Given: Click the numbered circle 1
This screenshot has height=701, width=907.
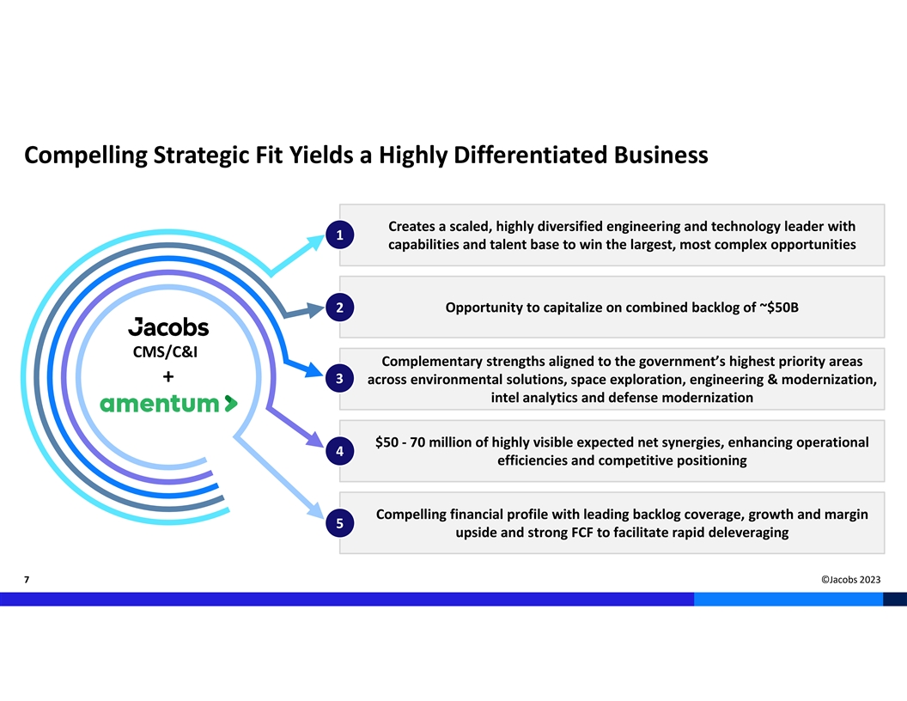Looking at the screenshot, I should click(340, 235).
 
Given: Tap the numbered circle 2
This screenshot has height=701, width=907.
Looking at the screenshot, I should click(340, 308).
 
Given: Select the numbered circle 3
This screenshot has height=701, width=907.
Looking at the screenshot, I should click(340, 379).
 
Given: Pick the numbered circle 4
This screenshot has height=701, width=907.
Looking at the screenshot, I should click(340, 451).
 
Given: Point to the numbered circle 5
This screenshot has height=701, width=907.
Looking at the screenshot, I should click(340, 523).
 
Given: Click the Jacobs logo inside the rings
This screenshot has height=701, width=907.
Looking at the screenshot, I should click(168, 326).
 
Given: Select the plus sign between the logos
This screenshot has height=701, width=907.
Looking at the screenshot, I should click(168, 376).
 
